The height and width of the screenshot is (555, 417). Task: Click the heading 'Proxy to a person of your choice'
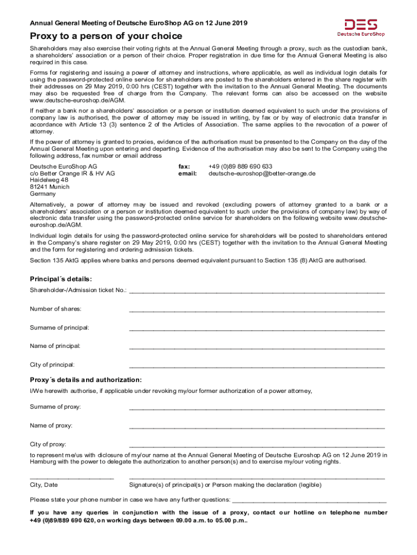(106, 36)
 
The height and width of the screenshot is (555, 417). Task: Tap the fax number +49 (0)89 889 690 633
(240, 166)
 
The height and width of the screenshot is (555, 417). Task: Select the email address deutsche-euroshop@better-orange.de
(262, 174)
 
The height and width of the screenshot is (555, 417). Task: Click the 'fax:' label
(184, 166)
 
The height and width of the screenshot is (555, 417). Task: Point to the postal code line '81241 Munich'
(50, 186)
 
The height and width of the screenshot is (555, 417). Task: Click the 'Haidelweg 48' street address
(49, 180)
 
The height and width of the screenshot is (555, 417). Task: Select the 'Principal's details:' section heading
(61, 279)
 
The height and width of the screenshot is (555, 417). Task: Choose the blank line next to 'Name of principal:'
(257, 347)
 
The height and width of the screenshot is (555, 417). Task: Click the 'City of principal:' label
(52, 364)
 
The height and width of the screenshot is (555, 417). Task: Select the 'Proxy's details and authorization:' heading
(86, 379)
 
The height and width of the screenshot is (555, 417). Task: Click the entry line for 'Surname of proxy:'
(257, 408)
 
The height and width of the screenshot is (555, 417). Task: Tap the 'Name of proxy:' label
(51, 425)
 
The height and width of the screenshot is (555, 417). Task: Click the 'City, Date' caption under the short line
(44, 485)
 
